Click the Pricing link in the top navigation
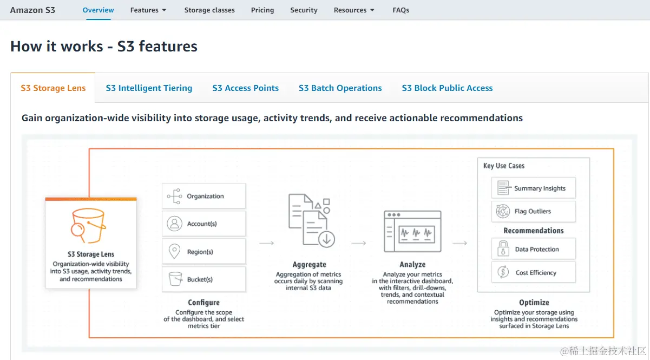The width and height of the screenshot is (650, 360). (x=262, y=10)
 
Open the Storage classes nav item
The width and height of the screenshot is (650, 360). (x=209, y=10)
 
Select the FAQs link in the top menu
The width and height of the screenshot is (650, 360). (x=400, y=10)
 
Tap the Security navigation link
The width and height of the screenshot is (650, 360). (x=304, y=10)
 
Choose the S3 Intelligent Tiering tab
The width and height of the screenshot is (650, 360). (x=149, y=88)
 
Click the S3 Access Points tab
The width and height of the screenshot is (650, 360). (x=245, y=88)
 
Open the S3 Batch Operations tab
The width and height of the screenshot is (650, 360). (x=340, y=88)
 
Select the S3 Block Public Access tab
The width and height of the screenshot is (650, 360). (x=447, y=88)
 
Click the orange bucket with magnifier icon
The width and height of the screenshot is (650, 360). (x=88, y=226)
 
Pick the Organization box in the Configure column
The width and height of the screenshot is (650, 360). (x=203, y=196)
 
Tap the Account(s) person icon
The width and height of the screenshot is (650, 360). (x=174, y=224)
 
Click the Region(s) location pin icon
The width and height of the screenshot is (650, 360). (x=174, y=252)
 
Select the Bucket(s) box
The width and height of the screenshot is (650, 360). (x=203, y=279)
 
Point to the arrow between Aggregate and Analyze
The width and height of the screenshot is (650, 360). (x=359, y=244)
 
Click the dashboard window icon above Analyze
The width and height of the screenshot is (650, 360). (x=412, y=232)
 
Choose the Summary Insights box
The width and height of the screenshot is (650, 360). (x=533, y=188)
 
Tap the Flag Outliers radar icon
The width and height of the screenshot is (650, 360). (x=503, y=211)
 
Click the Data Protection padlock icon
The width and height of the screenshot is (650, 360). (x=503, y=250)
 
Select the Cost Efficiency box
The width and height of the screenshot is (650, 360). (x=533, y=273)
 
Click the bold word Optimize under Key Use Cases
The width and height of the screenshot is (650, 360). (x=534, y=303)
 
